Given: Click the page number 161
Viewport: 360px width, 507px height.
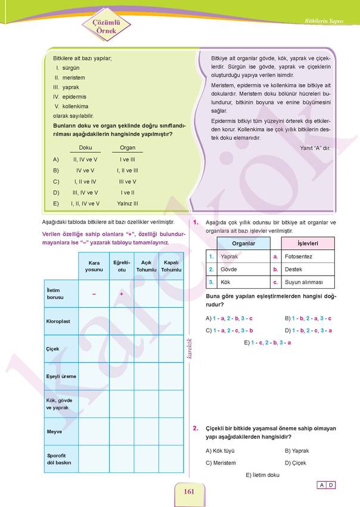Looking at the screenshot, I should point(190,491).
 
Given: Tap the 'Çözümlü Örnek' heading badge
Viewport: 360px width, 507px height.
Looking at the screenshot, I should point(106,26).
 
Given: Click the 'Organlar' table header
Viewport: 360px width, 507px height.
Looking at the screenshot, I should point(244,243).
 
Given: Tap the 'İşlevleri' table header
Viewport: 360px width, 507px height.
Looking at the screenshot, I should point(308,243).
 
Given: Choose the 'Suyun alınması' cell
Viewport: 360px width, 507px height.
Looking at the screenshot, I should point(304,282).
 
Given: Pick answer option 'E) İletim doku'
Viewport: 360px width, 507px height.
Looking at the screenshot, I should point(262,475).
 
